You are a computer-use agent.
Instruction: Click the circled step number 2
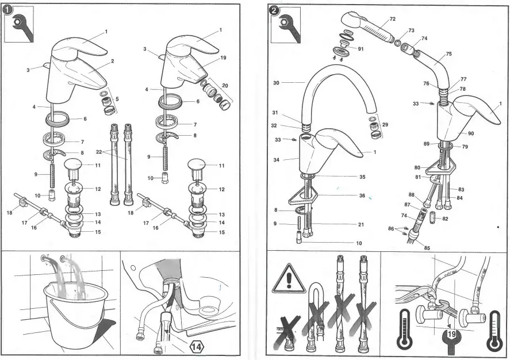tap(274, 10)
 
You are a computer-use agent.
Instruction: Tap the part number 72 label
tap(392, 19)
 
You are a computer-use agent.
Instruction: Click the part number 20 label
tap(224, 86)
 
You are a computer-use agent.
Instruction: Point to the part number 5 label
tap(117, 99)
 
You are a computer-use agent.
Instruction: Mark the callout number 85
tap(426, 248)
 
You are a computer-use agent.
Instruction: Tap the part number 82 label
tap(445, 219)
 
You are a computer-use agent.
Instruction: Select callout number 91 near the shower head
tap(361, 49)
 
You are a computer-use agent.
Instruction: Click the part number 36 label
tap(362, 196)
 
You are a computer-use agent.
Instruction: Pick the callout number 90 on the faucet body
tap(470, 133)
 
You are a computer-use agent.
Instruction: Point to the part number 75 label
tap(448, 54)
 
